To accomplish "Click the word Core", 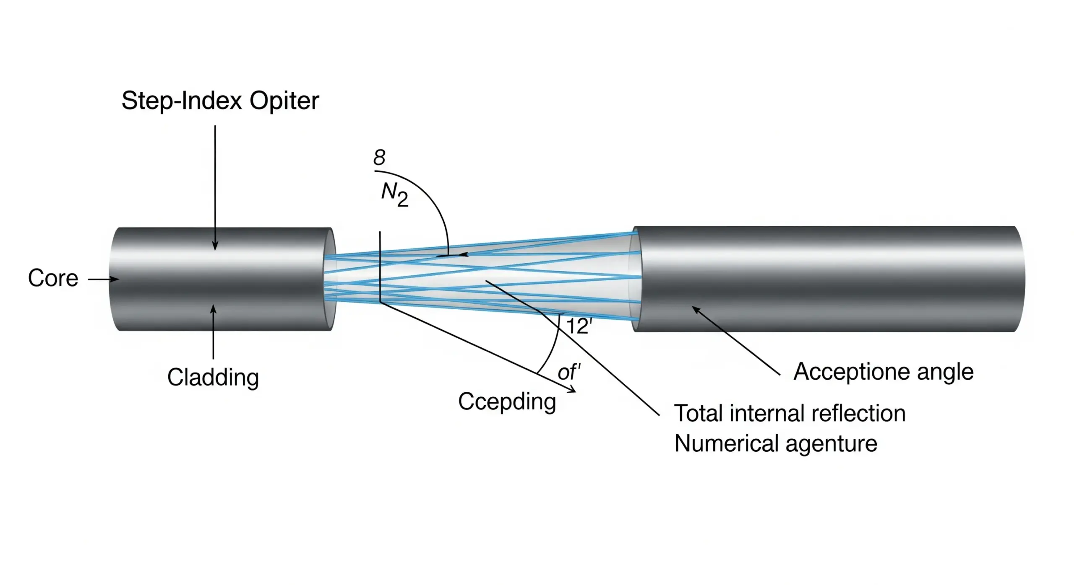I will (x=53, y=278).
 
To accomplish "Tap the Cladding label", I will (x=213, y=377).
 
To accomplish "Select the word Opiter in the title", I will (x=284, y=101).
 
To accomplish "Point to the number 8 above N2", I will (x=379, y=158).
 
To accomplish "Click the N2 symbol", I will (x=394, y=195).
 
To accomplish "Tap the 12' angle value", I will (x=579, y=326).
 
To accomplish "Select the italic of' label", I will (x=569, y=372).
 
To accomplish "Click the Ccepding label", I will (x=507, y=402).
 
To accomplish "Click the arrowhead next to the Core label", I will (x=115, y=279).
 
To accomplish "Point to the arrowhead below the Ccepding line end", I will (x=572, y=390).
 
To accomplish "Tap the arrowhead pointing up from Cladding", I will (x=213, y=310).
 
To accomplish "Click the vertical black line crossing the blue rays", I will (x=380, y=268).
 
